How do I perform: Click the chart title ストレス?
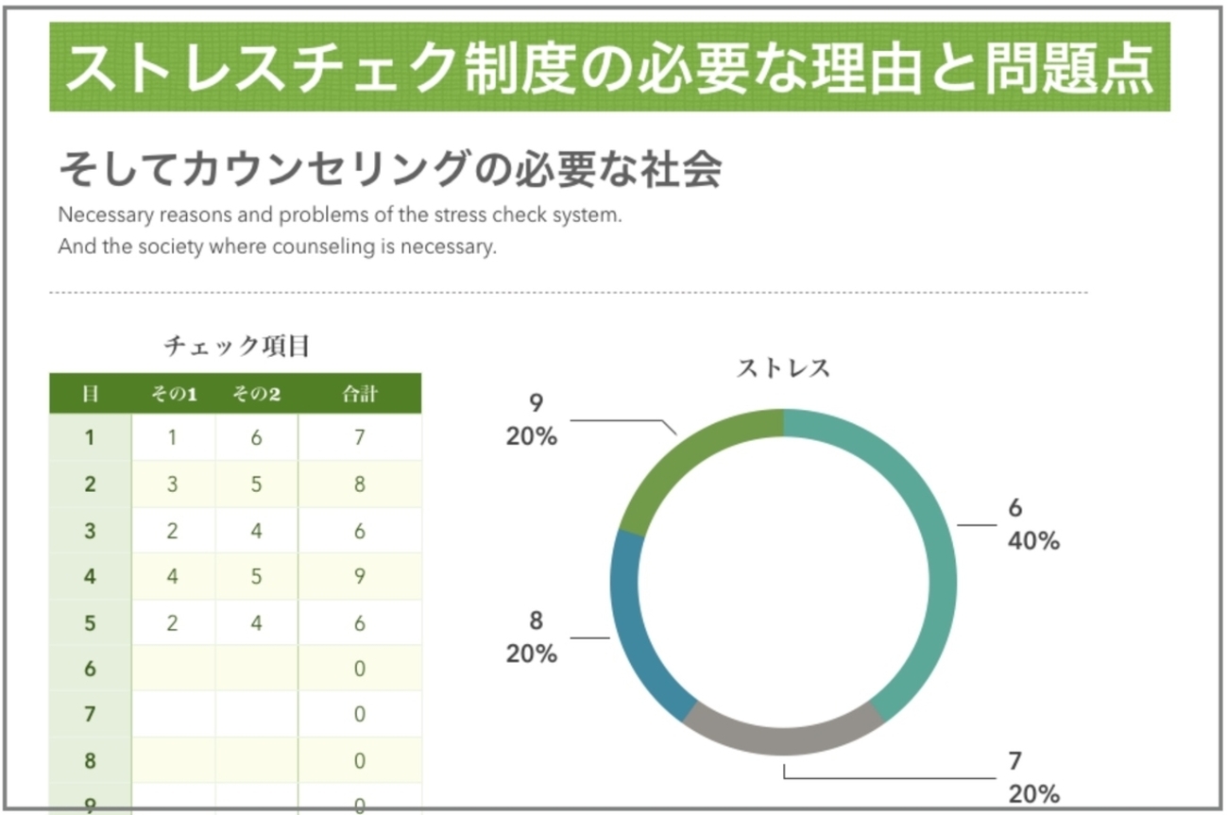click(783, 368)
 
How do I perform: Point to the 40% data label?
click(1033, 541)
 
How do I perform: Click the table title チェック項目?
click(236, 347)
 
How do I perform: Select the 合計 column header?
click(360, 394)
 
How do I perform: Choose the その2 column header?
click(256, 394)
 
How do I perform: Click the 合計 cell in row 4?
click(360, 575)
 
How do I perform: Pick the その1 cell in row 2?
click(173, 484)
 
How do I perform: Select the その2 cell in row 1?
click(256, 437)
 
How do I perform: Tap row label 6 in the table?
click(91, 668)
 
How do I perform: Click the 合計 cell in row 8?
click(360, 760)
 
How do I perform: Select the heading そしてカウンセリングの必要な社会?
click(389, 170)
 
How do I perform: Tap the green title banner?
click(609, 67)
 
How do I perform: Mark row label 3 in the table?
click(91, 531)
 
